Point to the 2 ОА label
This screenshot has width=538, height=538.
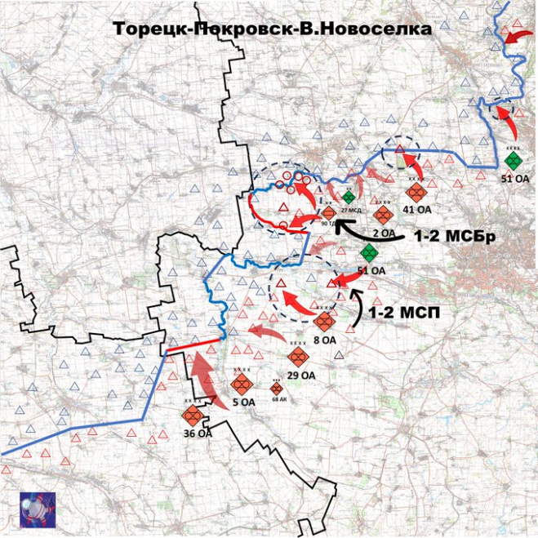(x=384, y=233)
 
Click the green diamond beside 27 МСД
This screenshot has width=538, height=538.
(x=349, y=197)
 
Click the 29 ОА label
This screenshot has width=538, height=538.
(x=301, y=375)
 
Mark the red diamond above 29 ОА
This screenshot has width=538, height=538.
(x=299, y=357)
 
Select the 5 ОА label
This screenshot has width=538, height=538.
(x=243, y=402)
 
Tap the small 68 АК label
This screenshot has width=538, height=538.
(x=278, y=399)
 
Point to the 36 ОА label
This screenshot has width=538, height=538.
(x=199, y=434)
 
